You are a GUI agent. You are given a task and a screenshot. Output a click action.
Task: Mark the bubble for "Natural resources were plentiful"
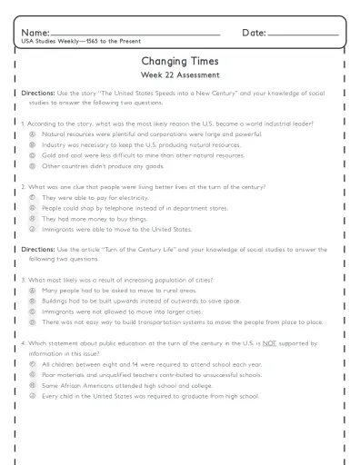coord(33,134)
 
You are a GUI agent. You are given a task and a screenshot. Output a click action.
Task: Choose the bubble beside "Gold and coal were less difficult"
coord(33,155)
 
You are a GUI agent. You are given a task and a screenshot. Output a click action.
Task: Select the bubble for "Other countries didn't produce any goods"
coord(33,166)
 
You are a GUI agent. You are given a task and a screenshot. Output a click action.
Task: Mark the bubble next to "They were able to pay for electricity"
coord(33,197)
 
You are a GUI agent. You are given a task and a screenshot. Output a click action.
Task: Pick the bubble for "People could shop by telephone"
coord(33,208)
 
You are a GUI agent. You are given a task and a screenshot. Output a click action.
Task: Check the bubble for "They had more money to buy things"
coord(33,219)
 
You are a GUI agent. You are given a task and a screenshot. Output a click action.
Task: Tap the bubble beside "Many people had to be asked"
coord(33,289)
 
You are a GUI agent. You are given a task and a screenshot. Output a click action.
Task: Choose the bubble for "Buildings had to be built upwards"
coord(33,300)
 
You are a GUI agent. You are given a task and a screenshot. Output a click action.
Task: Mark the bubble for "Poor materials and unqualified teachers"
coord(33,374)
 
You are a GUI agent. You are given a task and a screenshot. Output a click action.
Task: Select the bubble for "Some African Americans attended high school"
coord(33,385)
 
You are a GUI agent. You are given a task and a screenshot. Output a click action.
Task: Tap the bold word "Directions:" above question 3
coord(38,248)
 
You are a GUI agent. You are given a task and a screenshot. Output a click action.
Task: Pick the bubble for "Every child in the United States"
coord(33,396)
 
